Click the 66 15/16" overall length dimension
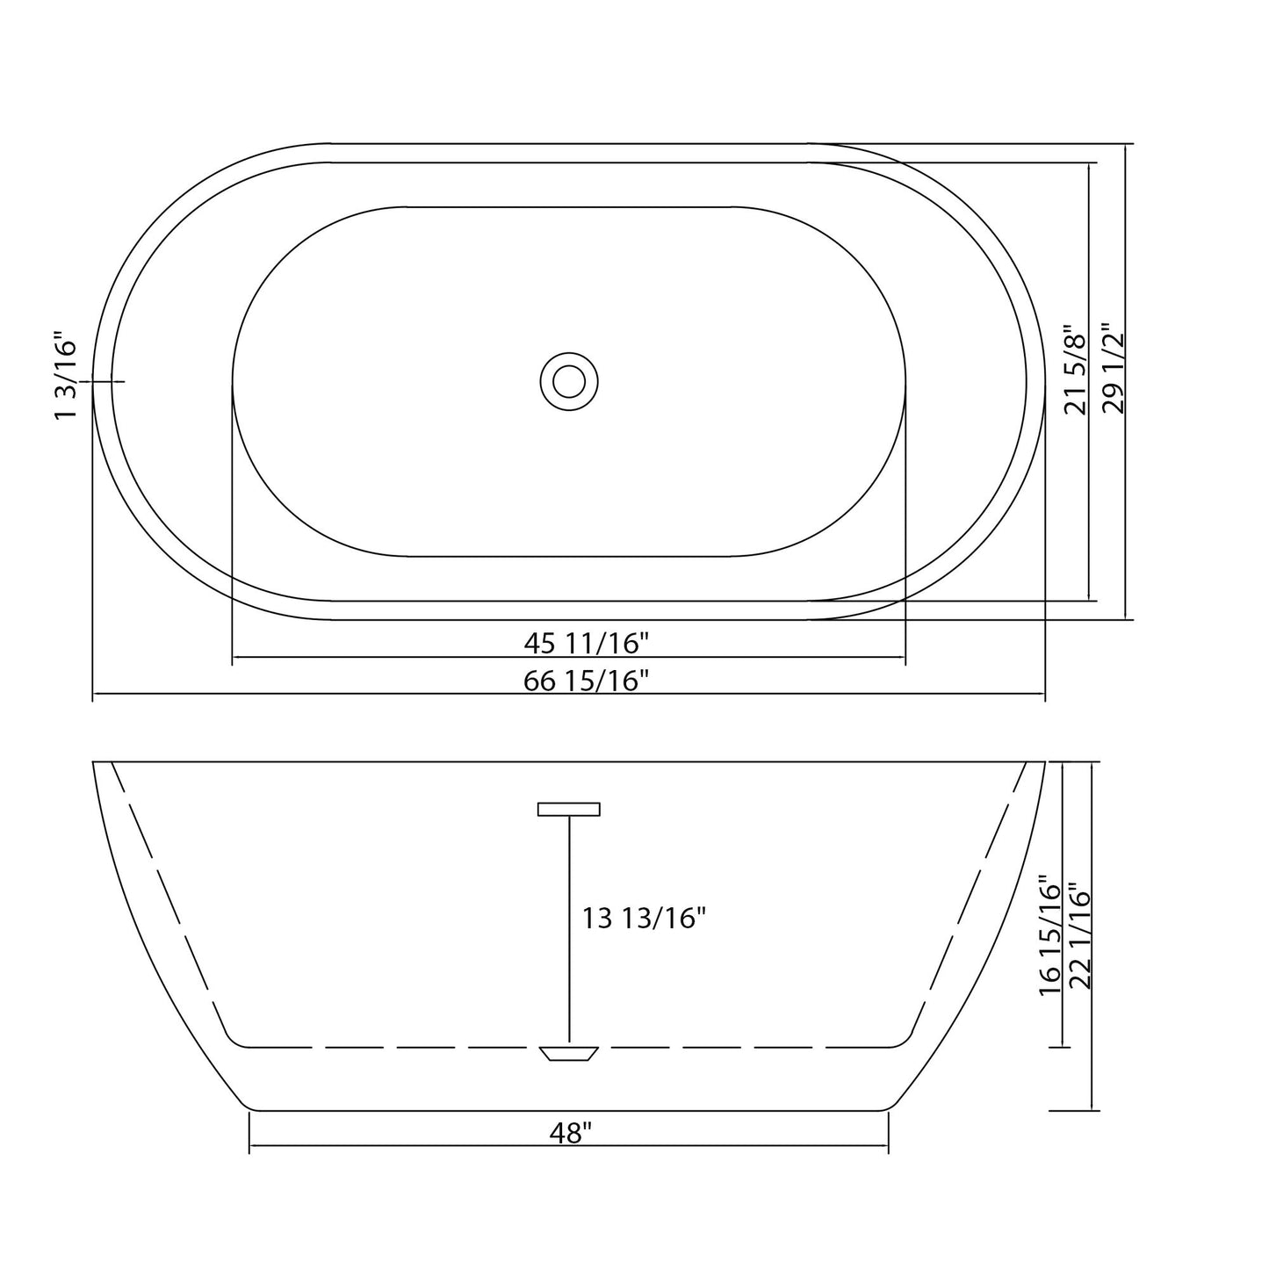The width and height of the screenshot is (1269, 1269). [586, 680]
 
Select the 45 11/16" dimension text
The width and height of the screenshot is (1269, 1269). [586, 644]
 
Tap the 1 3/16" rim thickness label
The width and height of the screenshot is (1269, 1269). [67, 376]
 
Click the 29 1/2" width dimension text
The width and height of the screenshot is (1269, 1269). [1113, 368]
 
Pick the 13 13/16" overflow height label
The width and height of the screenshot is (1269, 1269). [644, 919]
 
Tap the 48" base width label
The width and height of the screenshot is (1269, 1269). [569, 1134]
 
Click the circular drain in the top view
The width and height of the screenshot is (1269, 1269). [569, 381]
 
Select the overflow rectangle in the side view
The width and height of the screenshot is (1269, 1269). [569, 809]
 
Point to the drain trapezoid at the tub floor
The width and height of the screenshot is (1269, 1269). [569, 1053]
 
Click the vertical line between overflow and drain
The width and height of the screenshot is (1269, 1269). [569, 931]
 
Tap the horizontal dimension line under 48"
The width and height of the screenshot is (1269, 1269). [395, 1147]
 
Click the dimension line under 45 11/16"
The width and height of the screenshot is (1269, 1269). [395, 657]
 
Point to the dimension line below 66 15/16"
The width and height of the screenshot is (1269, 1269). [351, 694]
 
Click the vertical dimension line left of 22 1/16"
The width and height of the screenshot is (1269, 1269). [1092, 1010]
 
